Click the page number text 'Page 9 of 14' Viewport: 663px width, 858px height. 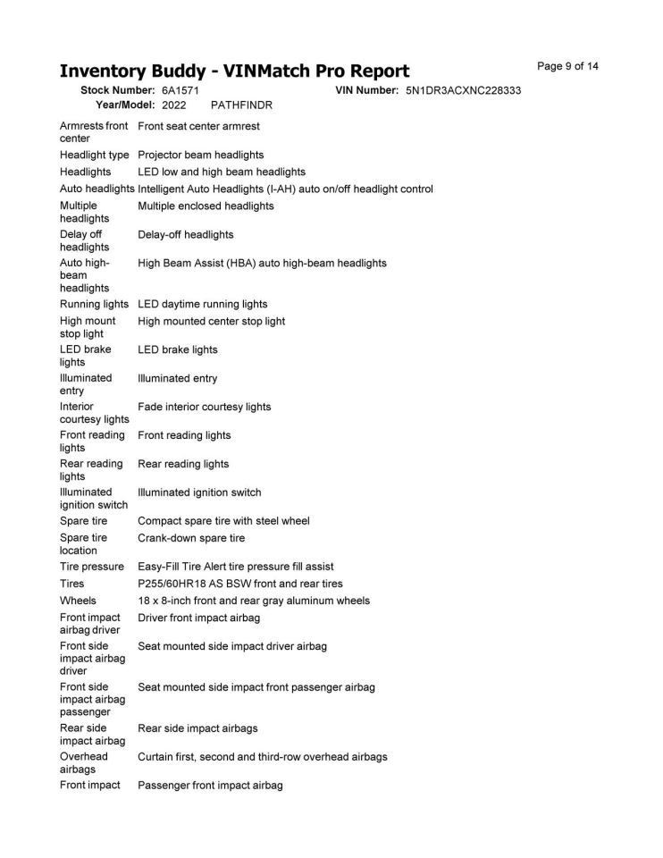click(567, 66)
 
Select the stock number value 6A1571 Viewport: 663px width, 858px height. click(180, 91)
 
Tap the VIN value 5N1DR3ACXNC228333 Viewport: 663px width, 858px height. click(463, 91)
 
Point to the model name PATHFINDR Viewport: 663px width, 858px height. click(241, 105)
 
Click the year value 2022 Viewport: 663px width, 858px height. click(174, 105)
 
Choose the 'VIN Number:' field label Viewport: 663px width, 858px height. click(366, 91)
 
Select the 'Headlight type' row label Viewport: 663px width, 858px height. click(94, 155)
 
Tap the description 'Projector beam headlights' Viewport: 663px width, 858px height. click(200, 155)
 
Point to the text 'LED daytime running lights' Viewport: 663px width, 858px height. click(202, 304)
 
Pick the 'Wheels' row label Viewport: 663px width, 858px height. click(78, 601)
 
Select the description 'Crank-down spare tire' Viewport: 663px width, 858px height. click(190, 538)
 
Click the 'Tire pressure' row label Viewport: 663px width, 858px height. click(91, 567)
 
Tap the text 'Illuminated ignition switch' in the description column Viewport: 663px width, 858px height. click(199, 492)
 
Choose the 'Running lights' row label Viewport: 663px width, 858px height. click(94, 304)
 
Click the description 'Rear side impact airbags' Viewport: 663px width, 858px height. click(197, 728)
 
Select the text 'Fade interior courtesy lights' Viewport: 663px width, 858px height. click(204, 407)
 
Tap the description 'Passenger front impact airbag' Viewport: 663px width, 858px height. click(210, 785)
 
